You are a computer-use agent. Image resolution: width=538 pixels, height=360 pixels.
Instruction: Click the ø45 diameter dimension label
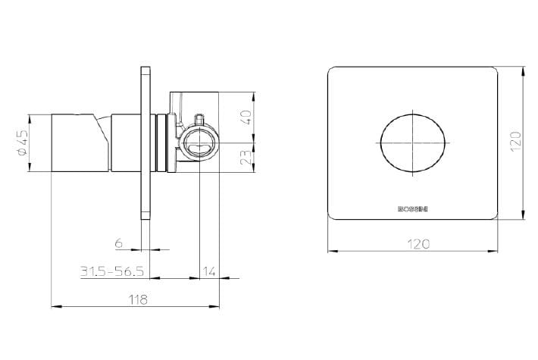coord(22,142)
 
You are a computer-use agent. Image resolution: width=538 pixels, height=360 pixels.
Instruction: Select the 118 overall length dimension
coord(139,299)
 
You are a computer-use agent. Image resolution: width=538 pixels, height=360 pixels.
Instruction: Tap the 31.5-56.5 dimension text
coord(112,271)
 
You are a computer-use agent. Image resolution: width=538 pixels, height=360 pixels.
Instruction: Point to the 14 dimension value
coord(209,271)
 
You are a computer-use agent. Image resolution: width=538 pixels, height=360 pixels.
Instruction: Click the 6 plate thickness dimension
coord(119,243)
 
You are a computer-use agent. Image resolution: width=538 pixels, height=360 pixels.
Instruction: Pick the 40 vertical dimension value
coord(248,117)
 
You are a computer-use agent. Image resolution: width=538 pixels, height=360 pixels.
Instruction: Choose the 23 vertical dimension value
coord(248,156)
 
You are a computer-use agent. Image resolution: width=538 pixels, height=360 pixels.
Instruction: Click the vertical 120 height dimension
coord(516,140)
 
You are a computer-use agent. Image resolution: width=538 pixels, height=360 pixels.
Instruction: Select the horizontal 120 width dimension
coord(418,243)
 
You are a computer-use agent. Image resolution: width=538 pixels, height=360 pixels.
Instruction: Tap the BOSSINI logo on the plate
coord(413,208)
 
